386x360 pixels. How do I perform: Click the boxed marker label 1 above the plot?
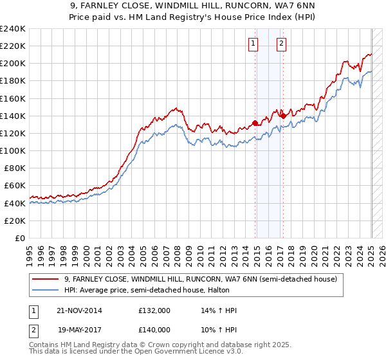coord(253,44)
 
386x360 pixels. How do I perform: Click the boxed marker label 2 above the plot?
coord(282,44)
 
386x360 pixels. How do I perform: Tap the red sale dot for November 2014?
coord(255,123)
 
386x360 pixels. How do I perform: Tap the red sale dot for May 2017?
coord(284,116)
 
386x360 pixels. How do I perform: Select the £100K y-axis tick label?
coord(13,150)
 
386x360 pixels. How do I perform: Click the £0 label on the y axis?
coord(19,238)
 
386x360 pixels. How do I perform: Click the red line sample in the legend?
coord(46,280)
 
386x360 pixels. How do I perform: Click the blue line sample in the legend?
coord(46,291)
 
